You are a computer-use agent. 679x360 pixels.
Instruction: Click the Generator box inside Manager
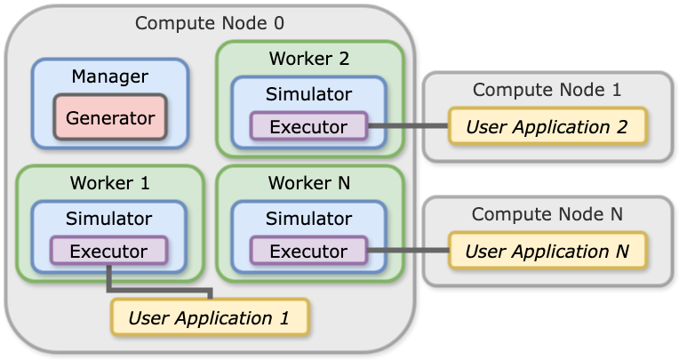(x=110, y=117)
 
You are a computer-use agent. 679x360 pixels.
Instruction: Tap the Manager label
(x=110, y=76)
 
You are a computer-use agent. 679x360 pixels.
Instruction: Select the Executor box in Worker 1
(x=108, y=252)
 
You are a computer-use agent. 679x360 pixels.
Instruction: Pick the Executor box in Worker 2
(x=308, y=127)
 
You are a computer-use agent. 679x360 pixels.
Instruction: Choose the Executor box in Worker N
(x=308, y=252)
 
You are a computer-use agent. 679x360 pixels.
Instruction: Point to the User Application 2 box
(x=547, y=127)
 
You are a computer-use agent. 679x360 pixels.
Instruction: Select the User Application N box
(x=547, y=252)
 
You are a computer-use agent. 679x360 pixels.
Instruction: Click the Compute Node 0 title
(x=210, y=23)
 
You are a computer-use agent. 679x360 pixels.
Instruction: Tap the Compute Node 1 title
(x=547, y=90)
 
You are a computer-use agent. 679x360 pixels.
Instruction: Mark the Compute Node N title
(x=547, y=214)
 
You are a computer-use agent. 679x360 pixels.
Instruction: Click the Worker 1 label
(x=110, y=184)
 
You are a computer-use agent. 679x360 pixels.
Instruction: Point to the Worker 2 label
(x=309, y=60)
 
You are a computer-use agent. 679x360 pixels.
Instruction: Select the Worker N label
(x=309, y=184)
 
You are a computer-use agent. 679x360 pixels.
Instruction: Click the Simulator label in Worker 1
(x=108, y=219)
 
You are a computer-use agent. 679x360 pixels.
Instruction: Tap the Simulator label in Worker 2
(x=308, y=94)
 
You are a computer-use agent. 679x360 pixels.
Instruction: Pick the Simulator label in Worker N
(x=308, y=219)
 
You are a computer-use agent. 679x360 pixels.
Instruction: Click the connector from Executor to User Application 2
(x=407, y=127)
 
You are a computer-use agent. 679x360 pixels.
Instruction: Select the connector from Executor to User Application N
(x=407, y=252)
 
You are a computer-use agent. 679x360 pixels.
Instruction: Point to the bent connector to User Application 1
(x=160, y=289)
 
